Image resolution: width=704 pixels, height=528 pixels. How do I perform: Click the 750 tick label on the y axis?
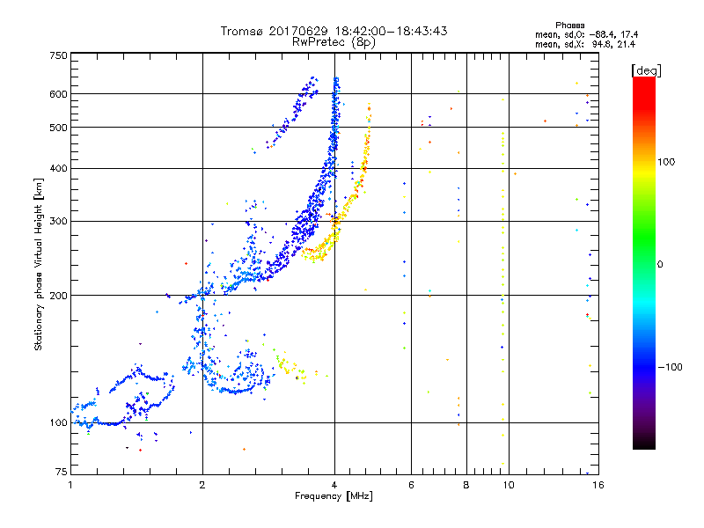pos(58,55)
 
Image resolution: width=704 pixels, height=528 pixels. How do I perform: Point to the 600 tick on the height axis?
pos(58,94)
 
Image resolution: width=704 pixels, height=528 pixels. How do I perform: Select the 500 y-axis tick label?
pos(58,128)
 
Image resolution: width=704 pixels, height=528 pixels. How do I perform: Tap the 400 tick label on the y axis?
pos(58,168)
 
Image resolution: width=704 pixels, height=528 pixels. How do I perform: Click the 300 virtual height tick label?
pos(58,221)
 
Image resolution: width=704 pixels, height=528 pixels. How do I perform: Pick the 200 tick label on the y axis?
pos(58,295)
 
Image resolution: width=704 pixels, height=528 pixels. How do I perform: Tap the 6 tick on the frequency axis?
pos(410,485)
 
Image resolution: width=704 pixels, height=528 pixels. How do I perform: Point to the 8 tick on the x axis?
pos(466,485)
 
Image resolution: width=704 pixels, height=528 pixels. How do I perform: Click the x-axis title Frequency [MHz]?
pos(334,497)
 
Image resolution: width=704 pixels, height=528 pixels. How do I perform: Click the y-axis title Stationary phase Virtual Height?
pos(39,263)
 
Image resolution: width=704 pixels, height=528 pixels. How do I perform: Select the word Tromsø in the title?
pos(244,31)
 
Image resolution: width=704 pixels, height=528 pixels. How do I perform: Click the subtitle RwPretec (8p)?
pos(334,41)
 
